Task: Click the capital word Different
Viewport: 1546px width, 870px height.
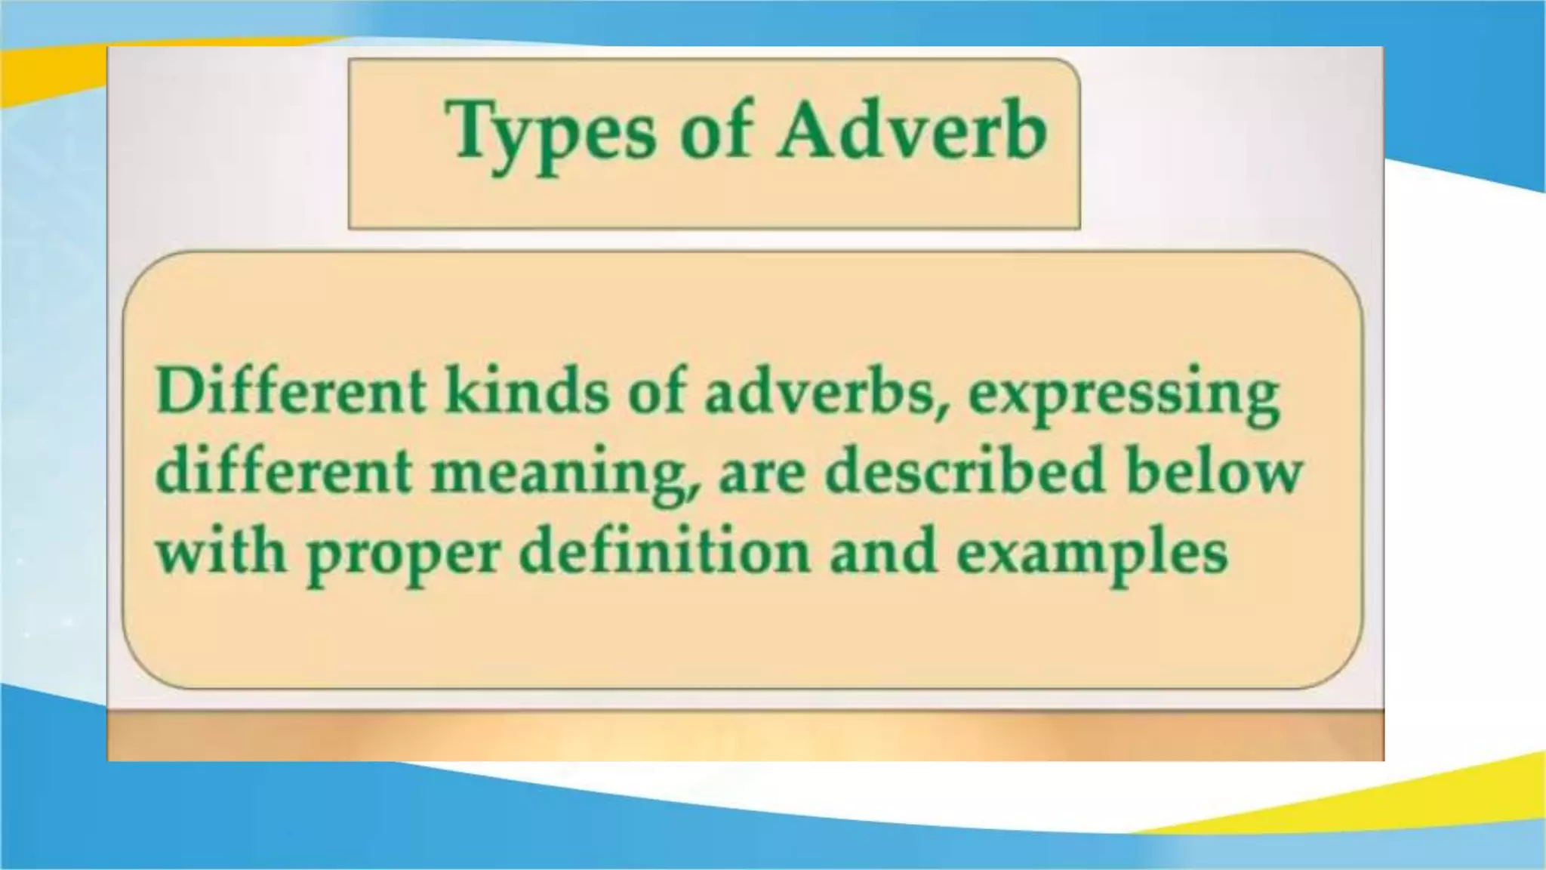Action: [x=291, y=392]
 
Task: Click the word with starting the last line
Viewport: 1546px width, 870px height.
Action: [x=220, y=551]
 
